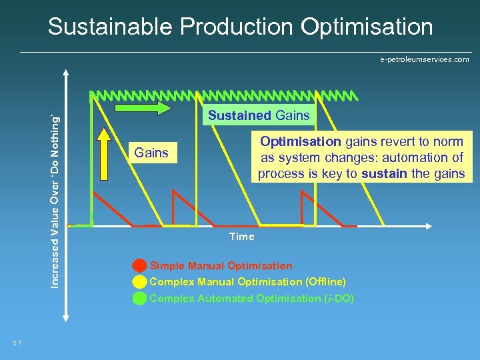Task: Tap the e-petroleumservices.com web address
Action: point(424,60)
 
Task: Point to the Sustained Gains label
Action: point(259,115)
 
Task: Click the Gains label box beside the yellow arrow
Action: point(151,153)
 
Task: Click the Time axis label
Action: point(241,237)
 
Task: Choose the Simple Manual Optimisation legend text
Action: point(221,266)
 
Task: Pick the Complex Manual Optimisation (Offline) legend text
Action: point(247,282)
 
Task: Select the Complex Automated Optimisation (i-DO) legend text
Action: point(251,299)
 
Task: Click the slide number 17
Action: point(17,343)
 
